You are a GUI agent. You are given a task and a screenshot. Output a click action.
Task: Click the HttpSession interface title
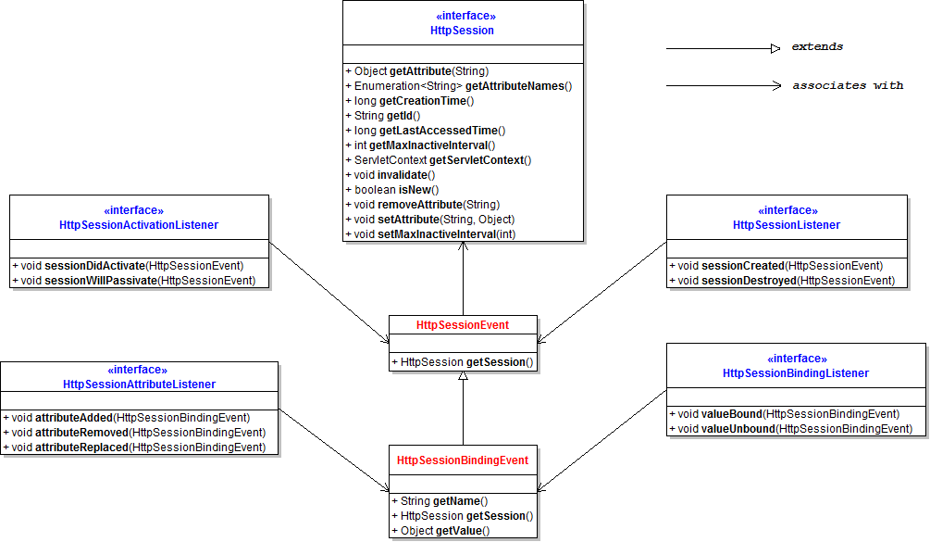coord(462,31)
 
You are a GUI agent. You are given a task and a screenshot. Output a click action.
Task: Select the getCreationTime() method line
coord(409,101)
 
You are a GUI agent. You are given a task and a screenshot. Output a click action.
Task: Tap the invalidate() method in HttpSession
coord(391,175)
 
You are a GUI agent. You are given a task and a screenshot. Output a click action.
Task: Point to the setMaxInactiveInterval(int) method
coord(430,234)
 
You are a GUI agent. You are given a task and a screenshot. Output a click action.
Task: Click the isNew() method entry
coord(392,190)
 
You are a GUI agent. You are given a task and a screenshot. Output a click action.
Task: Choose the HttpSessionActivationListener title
coord(139,225)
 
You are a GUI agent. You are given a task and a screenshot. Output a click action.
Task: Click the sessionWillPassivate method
coord(134,281)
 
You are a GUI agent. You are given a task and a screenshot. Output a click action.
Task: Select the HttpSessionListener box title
coord(787,225)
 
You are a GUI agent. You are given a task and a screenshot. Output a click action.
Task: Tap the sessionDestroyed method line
coord(782,281)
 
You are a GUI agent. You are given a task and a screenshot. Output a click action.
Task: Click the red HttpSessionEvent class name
coord(463,325)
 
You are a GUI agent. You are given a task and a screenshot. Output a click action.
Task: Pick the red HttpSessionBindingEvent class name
coord(463,460)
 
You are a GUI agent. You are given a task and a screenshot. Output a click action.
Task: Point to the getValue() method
coord(440,531)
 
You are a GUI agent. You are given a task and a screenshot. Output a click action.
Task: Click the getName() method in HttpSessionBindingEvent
coord(440,501)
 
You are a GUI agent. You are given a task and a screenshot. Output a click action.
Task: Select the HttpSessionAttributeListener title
coord(140,384)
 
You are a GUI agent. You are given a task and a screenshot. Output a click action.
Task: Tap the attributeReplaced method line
coord(134,447)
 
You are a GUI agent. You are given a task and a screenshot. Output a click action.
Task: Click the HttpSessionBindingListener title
coord(796,373)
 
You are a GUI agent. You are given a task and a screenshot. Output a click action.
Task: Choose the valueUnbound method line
coord(790,429)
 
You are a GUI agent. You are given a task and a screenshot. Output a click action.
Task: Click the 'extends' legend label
coord(817,47)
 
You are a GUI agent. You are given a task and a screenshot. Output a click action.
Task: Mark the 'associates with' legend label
coord(849,85)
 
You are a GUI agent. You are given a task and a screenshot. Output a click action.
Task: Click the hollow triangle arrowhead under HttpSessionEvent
coord(464,376)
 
